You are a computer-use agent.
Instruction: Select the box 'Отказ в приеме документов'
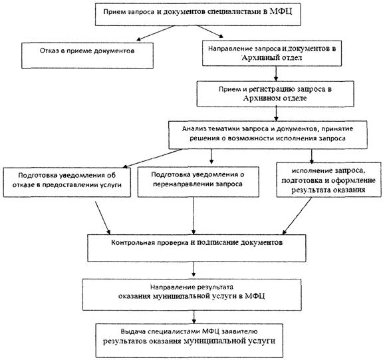(x=87, y=55)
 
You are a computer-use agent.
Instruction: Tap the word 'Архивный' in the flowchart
(x=257, y=58)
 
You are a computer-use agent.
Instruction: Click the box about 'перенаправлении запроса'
(x=198, y=182)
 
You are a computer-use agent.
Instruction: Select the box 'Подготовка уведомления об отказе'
(x=66, y=182)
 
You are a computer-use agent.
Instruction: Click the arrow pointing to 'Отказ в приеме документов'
(x=155, y=33)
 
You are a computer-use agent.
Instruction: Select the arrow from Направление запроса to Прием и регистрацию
(x=276, y=73)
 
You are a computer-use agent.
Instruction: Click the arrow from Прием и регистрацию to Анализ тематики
(x=276, y=114)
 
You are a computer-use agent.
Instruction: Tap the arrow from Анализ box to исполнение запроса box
(x=312, y=156)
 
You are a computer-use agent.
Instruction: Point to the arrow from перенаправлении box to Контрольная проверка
(x=193, y=216)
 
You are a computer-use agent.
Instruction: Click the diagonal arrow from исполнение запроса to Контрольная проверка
(x=297, y=216)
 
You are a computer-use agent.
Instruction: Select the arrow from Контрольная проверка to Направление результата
(x=194, y=270)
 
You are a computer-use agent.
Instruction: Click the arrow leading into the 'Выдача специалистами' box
(x=194, y=317)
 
